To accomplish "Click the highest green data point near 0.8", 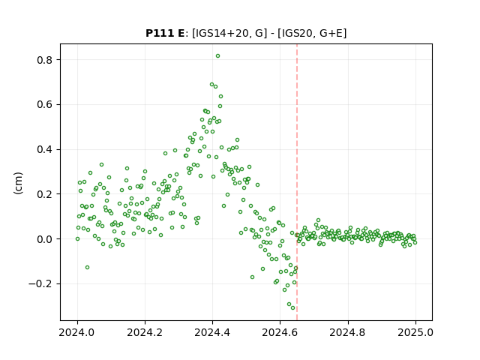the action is (217, 56).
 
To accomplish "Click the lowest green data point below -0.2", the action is (292, 308).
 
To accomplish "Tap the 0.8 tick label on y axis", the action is (45, 60).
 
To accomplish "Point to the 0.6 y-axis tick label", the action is (45, 105).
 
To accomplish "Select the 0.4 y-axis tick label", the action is (45, 150).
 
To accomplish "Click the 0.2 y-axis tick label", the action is (45, 194).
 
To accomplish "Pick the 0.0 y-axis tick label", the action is (45, 239).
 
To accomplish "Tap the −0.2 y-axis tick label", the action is (40, 284).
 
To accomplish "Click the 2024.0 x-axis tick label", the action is (77, 332).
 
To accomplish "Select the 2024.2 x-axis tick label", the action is (145, 332).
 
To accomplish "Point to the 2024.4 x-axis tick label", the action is (212, 332).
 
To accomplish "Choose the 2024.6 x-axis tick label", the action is (280, 332).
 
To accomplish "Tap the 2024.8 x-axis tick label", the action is (347, 332).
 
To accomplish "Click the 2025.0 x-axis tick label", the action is (415, 332).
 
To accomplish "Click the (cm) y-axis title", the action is (18, 183).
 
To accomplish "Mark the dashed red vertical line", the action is (297, 182).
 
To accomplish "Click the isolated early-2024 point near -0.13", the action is (87, 268).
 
